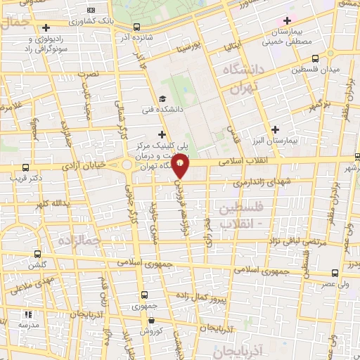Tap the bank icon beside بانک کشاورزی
click(x=90, y=11)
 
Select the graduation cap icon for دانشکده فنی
click(x=163, y=99)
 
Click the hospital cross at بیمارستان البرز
click(x=275, y=129)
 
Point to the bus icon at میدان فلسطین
click(x=314, y=58)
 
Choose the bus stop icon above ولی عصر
click(x=333, y=274)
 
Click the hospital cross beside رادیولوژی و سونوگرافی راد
click(x=46, y=28)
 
